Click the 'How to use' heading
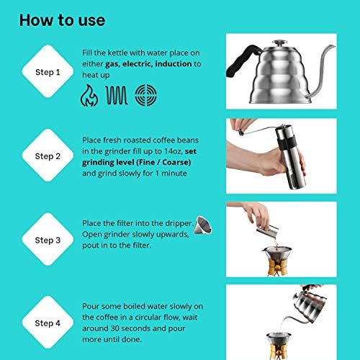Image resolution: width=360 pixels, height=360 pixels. pyautogui.click(x=62, y=19)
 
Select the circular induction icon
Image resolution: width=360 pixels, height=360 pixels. pyautogui.click(x=148, y=96)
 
